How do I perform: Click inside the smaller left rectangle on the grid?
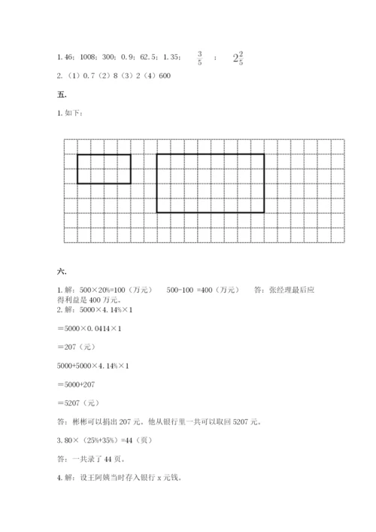pos(104,169)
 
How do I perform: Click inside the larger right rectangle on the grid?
pos(210,183)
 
